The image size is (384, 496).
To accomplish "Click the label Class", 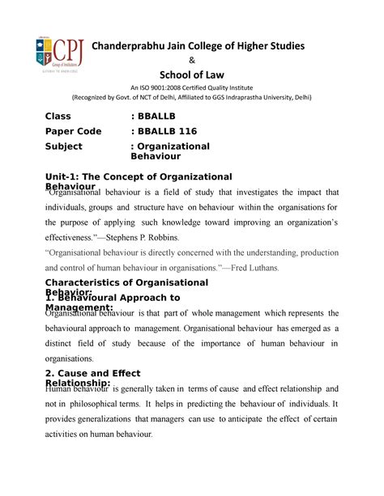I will coord(58,117).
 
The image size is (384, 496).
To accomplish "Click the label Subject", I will coord(65,146).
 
